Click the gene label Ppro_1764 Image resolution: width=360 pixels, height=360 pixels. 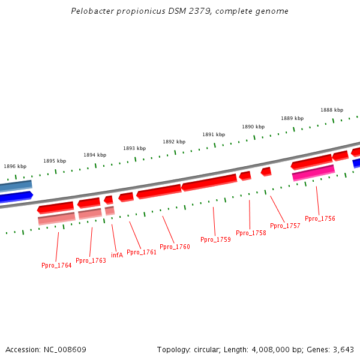point(56,265)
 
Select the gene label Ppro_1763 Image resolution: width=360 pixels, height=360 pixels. point(91,260)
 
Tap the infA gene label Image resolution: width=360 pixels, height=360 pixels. point(117,255)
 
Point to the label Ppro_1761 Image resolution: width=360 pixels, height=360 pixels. point(142,252)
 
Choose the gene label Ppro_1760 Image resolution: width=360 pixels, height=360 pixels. point(175,247)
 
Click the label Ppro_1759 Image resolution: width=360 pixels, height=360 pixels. point(215,239)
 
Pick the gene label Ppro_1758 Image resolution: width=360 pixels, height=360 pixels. point(251,233)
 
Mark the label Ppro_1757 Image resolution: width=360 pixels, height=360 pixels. point(285,226)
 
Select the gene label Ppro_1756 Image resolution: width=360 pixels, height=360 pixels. point(320,218)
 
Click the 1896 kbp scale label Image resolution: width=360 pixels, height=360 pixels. point(15,166)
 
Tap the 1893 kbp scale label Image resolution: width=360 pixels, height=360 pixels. point(134,148)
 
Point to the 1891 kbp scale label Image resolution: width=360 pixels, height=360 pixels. point(214,134)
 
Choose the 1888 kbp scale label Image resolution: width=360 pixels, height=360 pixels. point(332,110)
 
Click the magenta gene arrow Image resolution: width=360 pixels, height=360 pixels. point(313,173)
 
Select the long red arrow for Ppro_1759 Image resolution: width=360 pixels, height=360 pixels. point(209,182)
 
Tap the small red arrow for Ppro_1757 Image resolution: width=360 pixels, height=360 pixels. point(266,172)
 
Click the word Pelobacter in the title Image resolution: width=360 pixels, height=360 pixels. point(89,11)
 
